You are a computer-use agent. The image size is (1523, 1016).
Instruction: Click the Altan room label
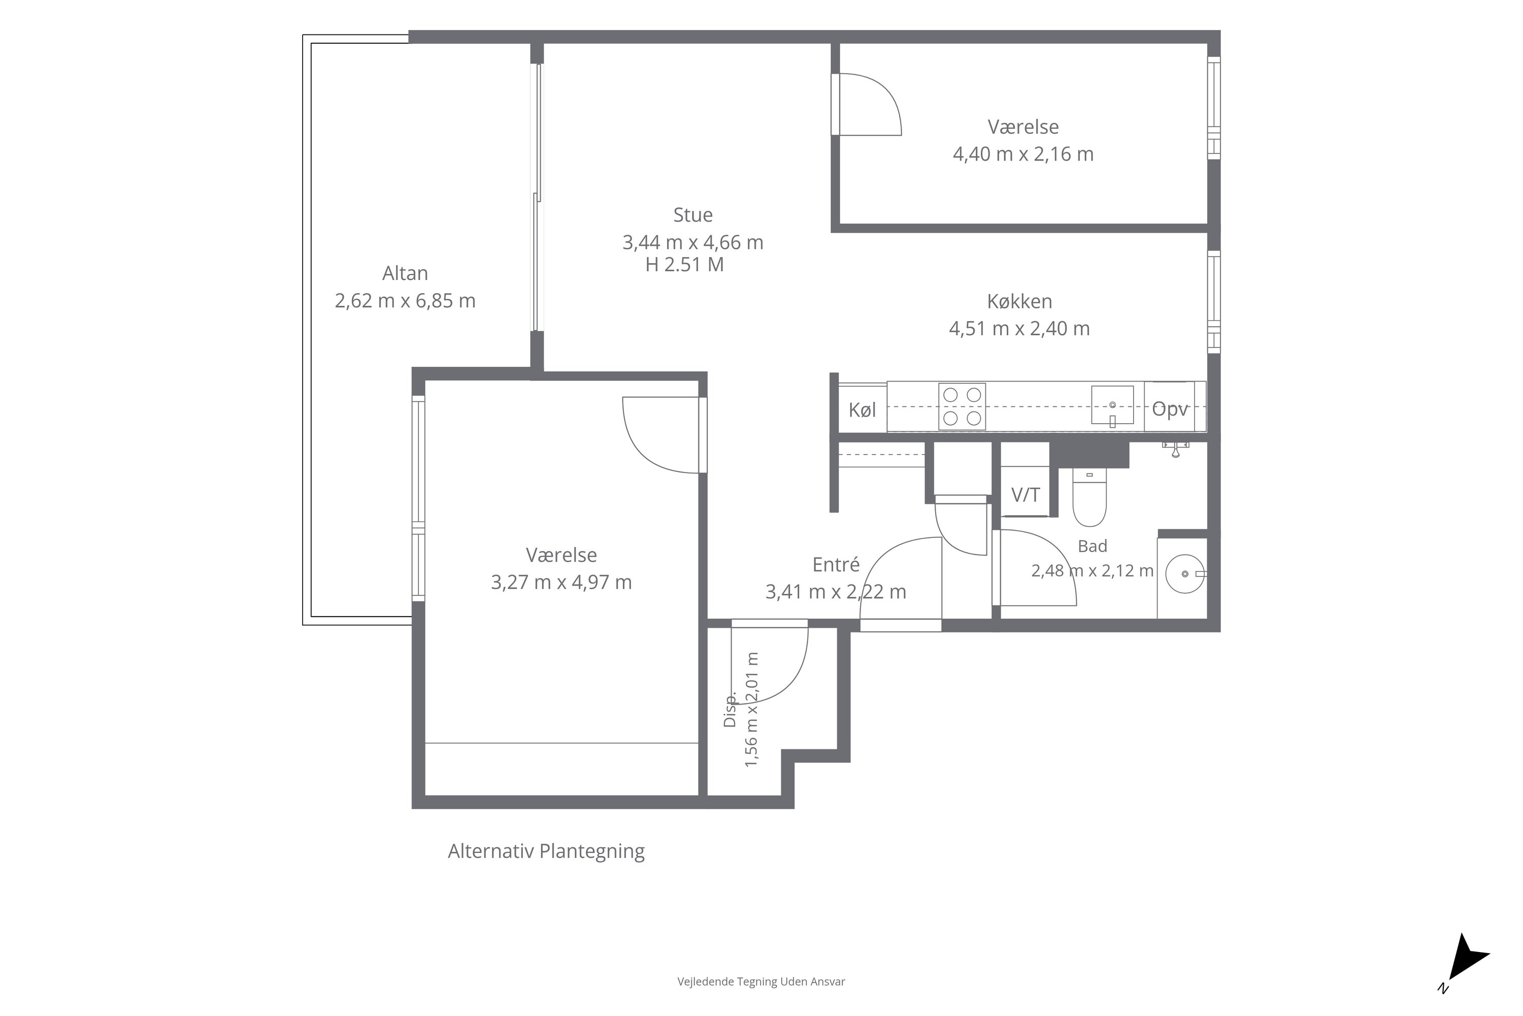tap(405, 273)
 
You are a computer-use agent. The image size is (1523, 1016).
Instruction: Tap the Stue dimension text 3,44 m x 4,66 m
tap(693, 242)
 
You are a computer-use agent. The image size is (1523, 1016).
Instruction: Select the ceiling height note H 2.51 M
tap(684, 264)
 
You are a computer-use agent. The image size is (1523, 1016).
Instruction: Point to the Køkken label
tap(1019, 301)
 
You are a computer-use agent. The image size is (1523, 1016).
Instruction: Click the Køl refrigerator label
tap(862, 409)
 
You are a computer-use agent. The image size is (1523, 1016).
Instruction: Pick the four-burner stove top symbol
tap(962, 406)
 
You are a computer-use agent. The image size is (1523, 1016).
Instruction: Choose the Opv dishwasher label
tap(1170, 409)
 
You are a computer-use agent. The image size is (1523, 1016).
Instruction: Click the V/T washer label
tap(1025, 495)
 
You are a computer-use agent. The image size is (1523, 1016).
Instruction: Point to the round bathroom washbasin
tap(1185, 574)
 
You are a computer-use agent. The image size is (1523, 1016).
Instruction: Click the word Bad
tap(1092, 546)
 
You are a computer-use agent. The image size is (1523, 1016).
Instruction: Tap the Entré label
tap(836, 564)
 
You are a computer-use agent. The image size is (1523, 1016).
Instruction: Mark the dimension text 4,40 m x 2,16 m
tap(1023, 154)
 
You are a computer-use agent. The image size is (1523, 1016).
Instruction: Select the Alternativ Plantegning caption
tap(547, 851)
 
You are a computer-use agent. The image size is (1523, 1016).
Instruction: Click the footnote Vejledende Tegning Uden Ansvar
tap(762, 981)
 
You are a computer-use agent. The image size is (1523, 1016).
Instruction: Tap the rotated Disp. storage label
tap(730, 710)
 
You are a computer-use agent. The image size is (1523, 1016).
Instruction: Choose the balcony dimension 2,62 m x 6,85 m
tap(405, 301)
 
